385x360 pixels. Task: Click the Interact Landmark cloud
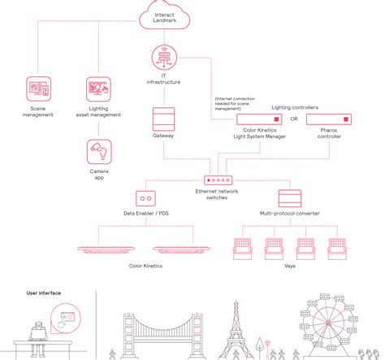pyautogui.click(x=161, y=17)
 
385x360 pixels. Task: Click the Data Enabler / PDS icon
pyautogui.click(x=147, y=197)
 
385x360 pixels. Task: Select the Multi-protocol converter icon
pyautogui.click(x=289, y=197)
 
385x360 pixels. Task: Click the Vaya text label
pyautogui.click(x=289, y=265)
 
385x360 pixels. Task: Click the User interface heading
pyautogui.click(x=44, y=293)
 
